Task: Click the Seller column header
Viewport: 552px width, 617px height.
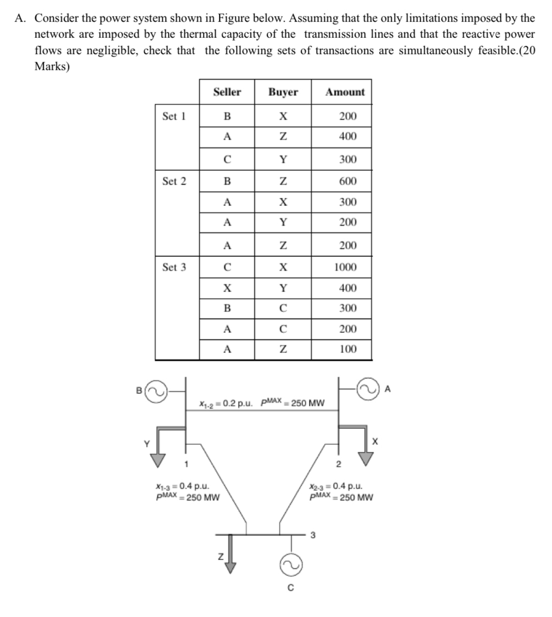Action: click(x=227, y=92)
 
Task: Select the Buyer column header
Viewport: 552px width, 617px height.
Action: click(x=283, y=92)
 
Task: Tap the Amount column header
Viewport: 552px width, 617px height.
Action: click(x=345, y=92)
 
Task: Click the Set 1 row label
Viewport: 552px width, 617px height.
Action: click(x=174, y=116)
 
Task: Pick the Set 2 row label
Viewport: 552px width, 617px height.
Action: click(x=174, y=181)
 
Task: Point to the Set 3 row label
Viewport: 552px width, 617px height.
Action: click(x=174, y=267)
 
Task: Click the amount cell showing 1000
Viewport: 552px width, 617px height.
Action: click(x=346, y=267)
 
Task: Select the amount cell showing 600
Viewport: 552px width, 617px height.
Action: click(x=347, y=181)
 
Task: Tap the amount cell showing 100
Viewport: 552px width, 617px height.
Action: click(x=348, y=349)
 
